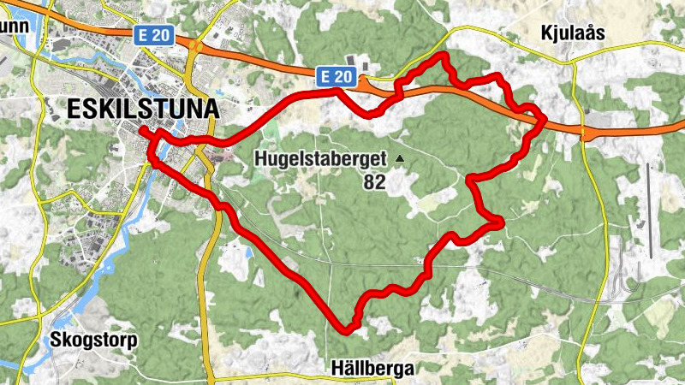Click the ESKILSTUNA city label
click(142, 110)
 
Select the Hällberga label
click(372, 369)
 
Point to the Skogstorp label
click(93, 339)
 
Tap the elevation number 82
click(375, 182)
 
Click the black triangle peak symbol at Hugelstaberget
click(399, 157)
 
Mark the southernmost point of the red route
click(347, 328)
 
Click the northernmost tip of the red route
click(443, 56)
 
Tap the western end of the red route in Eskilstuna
click(142, 130)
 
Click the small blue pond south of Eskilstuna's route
click(248, 252)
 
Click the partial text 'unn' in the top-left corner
click(15, 25)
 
